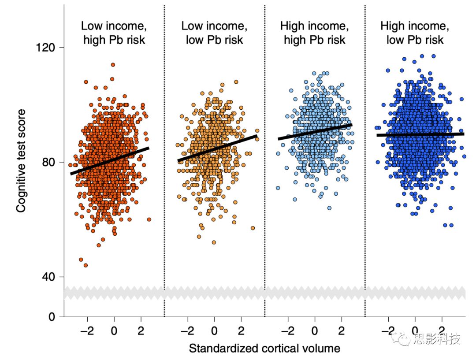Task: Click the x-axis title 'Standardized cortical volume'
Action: point(264,349)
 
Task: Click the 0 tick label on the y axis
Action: point(51,317)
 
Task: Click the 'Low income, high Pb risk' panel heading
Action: point(114,33)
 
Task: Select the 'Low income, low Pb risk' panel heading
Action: point(212,33)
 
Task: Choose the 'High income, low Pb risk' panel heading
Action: point(415,33)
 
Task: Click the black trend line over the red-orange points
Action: point(110,161)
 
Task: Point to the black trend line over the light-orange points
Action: point(218,148)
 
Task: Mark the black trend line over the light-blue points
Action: point(315,132)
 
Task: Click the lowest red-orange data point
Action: point(86,265)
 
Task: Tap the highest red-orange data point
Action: point(113,65)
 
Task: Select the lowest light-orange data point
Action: point(214,242)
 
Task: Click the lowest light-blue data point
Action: point(329,208)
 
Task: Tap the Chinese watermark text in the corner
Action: point(436,339)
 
